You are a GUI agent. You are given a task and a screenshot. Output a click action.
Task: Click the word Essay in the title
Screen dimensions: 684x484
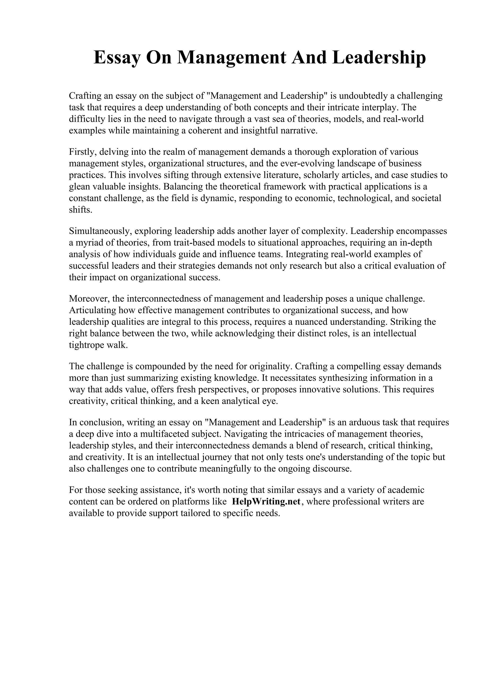(117, 58)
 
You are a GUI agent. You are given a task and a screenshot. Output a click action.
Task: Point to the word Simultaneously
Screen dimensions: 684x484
(100, 231)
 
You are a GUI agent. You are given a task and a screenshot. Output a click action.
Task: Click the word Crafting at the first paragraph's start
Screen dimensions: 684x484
(85, 96)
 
